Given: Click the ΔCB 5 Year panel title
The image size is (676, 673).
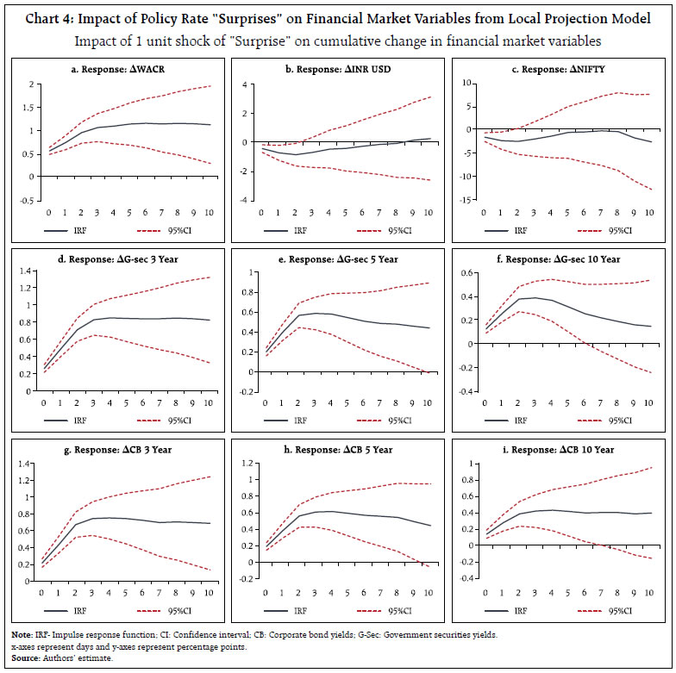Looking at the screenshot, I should pos(341,449).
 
